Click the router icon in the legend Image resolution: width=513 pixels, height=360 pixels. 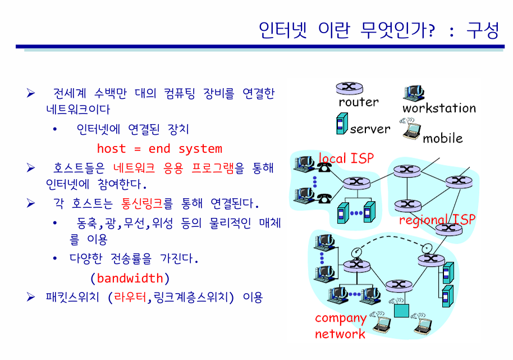[350, 88]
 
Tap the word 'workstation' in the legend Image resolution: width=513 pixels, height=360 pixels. [439, 108]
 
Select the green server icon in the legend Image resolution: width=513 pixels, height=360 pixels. [342, 124]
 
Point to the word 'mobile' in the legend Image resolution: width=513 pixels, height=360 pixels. [443, 138]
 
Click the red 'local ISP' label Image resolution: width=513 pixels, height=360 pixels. [346, 158]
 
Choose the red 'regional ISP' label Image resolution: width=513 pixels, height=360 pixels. [437, 220]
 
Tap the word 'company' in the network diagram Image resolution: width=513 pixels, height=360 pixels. [341, 318]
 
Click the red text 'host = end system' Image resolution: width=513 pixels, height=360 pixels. [159, 149]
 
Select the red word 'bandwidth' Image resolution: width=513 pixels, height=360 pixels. [130, 278]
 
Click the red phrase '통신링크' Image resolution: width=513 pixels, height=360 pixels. [141, 203]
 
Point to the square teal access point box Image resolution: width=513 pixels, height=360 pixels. [401, 310]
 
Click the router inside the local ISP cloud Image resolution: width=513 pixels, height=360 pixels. [356, 183]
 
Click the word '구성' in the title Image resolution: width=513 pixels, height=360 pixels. [483, 30]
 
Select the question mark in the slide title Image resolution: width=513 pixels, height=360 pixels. [432, 31]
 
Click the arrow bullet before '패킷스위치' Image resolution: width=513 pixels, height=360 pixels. [31, 297]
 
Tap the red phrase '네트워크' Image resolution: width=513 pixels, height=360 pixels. [134, 168]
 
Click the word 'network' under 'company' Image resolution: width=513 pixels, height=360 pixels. [340, 334]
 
